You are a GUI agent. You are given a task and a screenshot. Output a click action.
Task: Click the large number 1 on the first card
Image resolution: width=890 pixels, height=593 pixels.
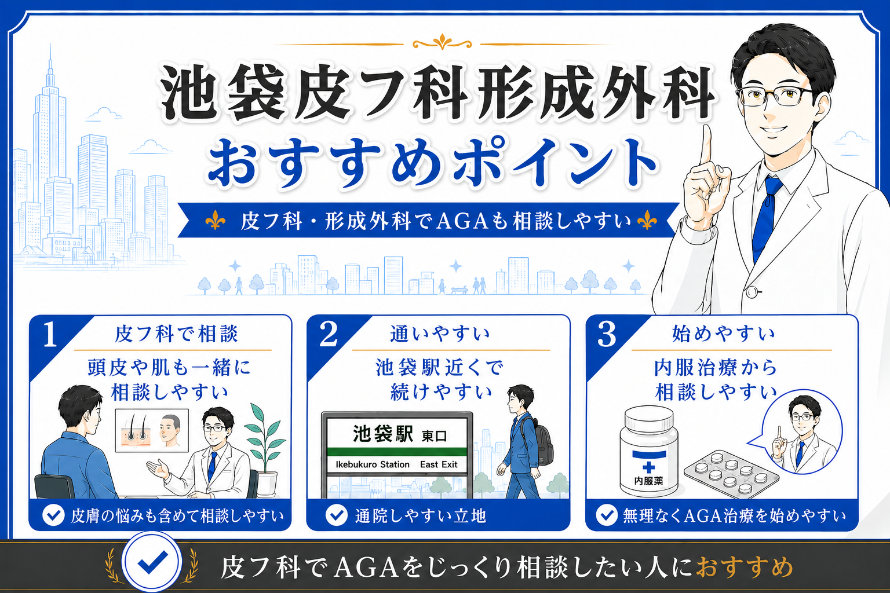pos(50,335)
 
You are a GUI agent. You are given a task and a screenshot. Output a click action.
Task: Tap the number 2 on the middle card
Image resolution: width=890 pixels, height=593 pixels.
pos(328,335)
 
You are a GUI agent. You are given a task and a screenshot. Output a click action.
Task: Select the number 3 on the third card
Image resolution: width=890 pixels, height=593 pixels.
pos(607,335)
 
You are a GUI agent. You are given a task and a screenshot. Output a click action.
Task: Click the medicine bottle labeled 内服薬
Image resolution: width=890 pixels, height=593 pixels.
pos(649,451)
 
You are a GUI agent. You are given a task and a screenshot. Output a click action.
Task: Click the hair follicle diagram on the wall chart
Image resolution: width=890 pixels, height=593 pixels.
pos(136,431)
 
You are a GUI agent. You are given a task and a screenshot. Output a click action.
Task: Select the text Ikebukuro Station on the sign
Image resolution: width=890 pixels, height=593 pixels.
pos(373,464)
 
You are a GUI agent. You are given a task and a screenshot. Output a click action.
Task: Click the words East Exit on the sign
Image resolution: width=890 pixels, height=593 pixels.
pos(439,464)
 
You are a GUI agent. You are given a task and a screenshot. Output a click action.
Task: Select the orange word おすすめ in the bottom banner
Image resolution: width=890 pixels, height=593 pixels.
pos(744,567)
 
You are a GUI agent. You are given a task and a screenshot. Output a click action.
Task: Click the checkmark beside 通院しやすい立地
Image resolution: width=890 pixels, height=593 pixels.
pos(337,515)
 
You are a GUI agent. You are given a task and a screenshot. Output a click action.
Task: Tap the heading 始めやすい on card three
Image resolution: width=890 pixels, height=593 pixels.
pos(723,334)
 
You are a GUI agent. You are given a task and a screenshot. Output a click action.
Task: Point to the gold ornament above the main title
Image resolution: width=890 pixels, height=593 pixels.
pos(442,42)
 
